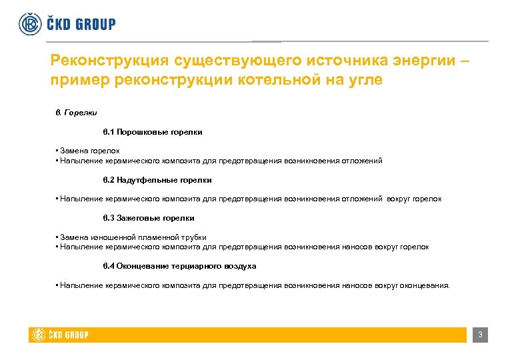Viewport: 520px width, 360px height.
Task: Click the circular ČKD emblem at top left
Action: click(29, 23)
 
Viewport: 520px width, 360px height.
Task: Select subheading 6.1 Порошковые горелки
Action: click(153, 132)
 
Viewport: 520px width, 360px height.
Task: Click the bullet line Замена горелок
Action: click(89, 151)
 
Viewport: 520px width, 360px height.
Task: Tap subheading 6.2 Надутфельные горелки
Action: click(157, 180)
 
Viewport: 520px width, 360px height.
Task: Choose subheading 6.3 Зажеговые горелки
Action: click(149, 218)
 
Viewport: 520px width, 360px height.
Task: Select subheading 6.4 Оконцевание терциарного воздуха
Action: click(179, 266)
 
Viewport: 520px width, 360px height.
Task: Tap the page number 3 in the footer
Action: click(479, 335)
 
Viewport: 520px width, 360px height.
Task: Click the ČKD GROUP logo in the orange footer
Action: click(61, 335)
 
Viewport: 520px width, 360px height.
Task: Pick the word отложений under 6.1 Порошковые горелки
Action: click(362, 161)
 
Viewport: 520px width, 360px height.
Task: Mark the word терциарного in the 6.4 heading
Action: click(195, 266)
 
